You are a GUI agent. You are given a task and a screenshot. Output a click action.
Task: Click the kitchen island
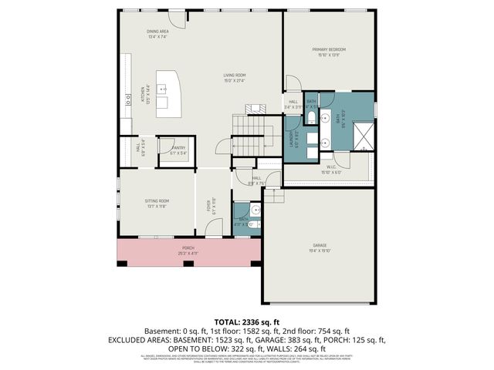click(167, 93)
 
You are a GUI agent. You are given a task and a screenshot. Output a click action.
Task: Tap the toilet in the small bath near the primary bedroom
click(310, 118)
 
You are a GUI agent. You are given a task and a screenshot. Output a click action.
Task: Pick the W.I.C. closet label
click(330, 168)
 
